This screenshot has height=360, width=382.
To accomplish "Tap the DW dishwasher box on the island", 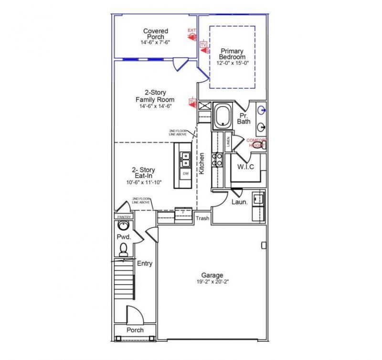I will (x=186, y=174).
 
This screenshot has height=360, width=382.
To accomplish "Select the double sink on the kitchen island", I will (x=185, y=159).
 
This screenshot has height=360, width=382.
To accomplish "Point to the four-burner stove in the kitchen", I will (x=218, y=159).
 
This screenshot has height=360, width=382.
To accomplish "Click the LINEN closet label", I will (x=228, y=141).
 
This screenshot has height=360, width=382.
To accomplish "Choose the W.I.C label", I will (x=245, y=166).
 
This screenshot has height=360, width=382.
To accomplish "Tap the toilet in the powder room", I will (x=123, y=249).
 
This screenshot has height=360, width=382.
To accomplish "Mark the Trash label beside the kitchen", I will (x=202, y=218).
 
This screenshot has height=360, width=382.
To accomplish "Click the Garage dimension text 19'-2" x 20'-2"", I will (x=212, y=282).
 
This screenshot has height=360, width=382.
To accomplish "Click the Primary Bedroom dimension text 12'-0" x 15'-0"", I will (x=232, y=63).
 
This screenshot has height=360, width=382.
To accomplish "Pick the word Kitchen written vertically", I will (x=202, y=163).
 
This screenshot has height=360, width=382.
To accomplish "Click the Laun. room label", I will (x=239, y=202).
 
